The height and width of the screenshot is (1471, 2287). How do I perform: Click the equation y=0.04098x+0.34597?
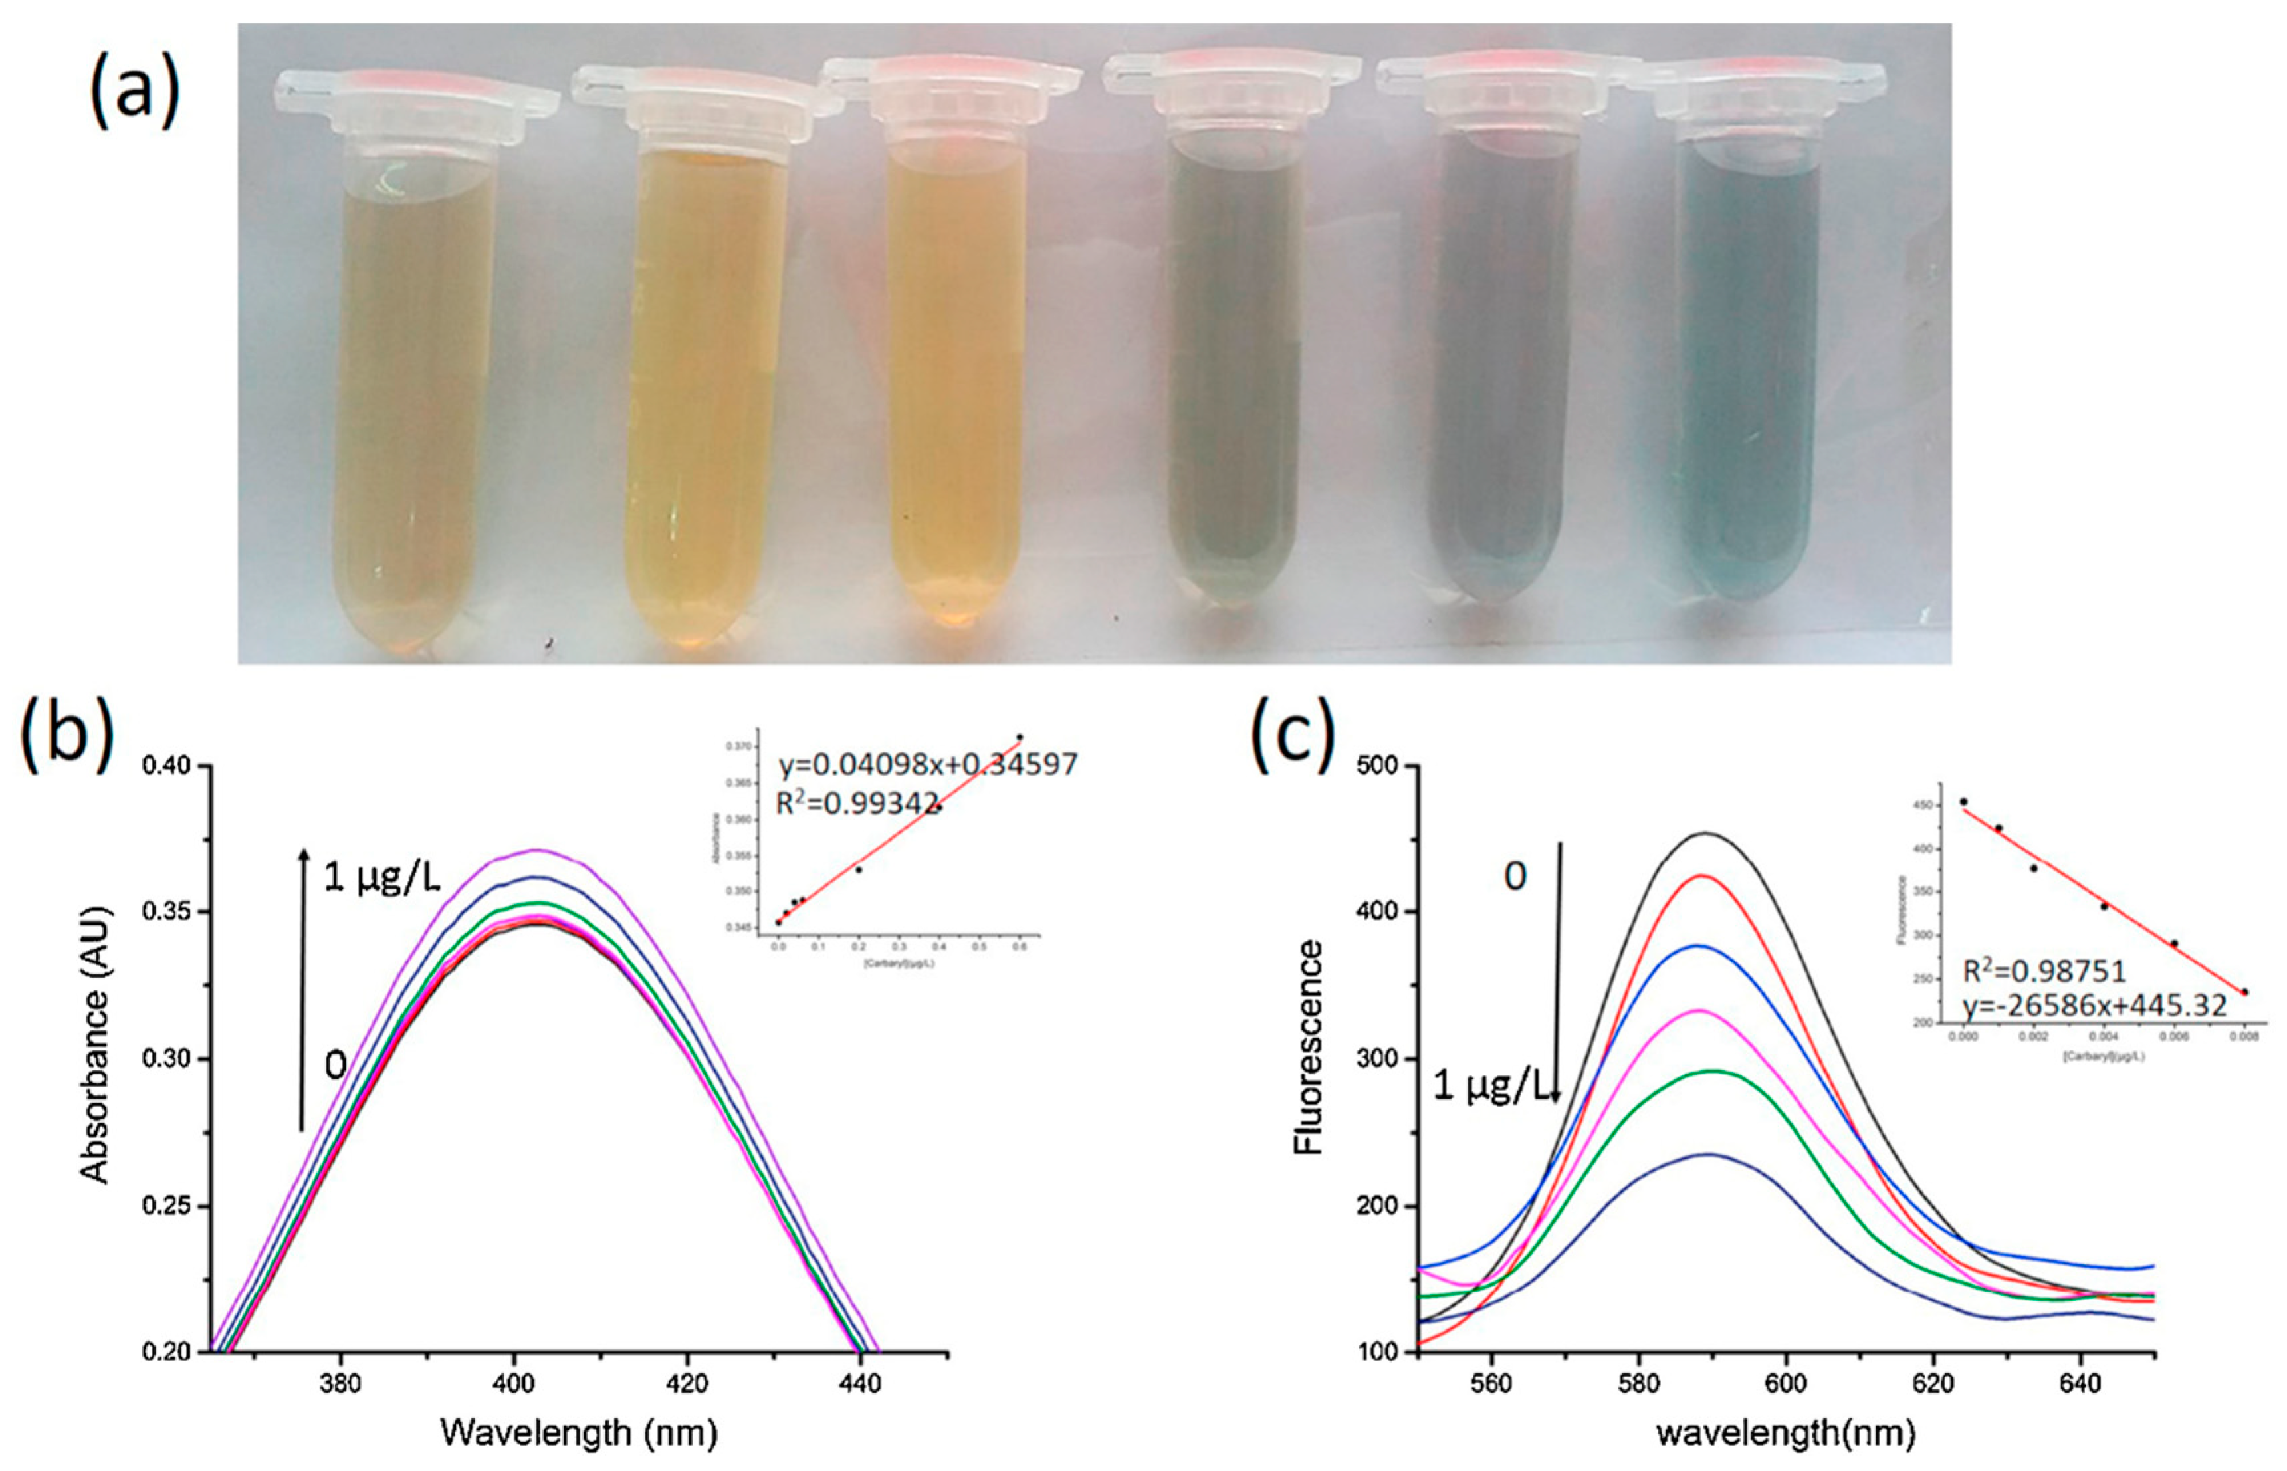(927, 764)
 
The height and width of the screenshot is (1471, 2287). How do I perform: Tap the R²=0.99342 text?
(857, 804)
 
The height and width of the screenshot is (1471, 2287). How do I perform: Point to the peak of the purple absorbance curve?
(536, 849)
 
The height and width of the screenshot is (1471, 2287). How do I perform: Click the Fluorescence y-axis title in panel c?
(1308, 1047)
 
